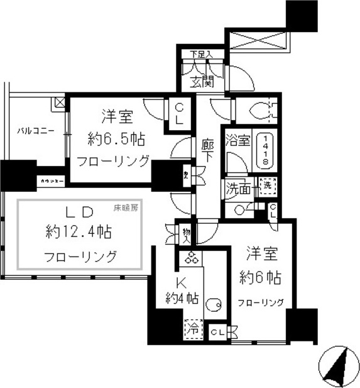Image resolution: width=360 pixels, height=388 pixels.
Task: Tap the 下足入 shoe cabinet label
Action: (x=200, y=55)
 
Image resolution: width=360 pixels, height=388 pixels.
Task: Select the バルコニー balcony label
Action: (x=35, y=131)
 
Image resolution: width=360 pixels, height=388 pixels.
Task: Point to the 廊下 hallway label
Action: (x=208, y=152)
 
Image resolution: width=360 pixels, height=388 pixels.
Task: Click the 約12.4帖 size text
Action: (x=79, y=232)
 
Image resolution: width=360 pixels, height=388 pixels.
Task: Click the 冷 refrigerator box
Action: (x=195, y=328)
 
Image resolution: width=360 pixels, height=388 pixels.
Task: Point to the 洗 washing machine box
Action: (x=268, y=186)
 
